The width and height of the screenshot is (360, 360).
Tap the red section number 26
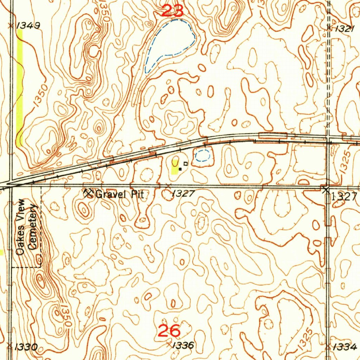(169, 331)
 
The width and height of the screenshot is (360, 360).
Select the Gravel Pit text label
(120, 194)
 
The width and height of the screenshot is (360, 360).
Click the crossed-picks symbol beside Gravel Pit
(88, 193)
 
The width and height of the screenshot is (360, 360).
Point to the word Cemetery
(33, 227)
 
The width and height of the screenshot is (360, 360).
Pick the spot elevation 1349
(28, 25)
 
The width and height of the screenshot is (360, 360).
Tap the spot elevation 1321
(344, 30)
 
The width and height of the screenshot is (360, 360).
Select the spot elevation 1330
(26, 347)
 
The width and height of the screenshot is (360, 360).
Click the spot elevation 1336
(184, 346)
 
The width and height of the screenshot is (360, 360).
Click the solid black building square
(180, 169)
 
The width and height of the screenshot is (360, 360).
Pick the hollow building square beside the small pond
(186, 163)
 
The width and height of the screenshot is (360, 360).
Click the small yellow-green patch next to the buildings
(175, 166)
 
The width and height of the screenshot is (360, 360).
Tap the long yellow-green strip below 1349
(19, 88)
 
